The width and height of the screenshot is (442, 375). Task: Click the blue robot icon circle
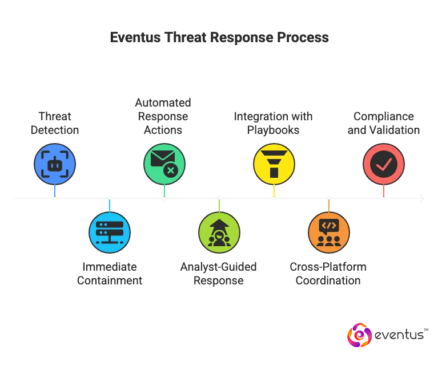(55, 164)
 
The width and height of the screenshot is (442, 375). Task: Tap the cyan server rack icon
(110, 233)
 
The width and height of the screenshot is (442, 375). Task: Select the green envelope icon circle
(164, 164)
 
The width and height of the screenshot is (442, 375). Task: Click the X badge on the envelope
(170, 170)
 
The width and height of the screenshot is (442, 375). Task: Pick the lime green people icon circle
(219, 233)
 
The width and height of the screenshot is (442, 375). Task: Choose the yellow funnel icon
(274, 164)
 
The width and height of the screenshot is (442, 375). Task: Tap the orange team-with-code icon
(328, 233)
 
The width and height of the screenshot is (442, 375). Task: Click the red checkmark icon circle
(383, 164)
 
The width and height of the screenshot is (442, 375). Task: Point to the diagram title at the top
(220, 38)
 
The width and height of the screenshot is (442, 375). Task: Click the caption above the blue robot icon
(55, 124)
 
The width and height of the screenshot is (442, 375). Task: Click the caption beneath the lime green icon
(219, 274)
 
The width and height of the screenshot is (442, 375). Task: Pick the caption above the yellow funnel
(274, 124)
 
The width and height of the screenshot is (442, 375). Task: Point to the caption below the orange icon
(328, 274)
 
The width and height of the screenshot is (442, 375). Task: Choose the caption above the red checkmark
(383, 124)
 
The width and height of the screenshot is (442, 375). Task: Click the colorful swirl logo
(359, 336)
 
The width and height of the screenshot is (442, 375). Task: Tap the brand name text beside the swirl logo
(401, 336)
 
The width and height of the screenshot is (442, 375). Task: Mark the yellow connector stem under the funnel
(274, 190)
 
